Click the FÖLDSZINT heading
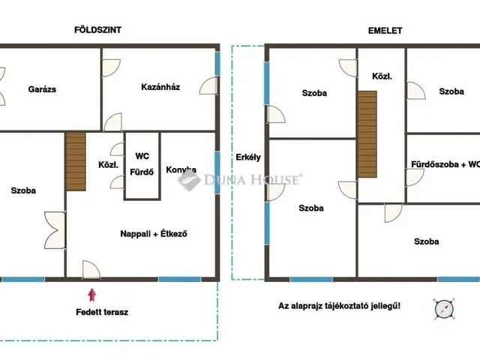97,30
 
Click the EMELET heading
385,31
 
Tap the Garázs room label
42,89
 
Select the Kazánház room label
160,87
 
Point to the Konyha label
181,169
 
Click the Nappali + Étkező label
154,234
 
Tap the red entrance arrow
91,295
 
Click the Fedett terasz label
102,312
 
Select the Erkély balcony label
248,157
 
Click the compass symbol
444,308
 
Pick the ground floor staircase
76,162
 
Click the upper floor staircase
367,134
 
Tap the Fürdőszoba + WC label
445,164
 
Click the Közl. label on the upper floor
382,76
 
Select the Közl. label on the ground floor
108,165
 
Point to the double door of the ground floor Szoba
55,230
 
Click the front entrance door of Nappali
91,270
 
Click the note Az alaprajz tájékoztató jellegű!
339,306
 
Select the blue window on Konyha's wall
217,173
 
